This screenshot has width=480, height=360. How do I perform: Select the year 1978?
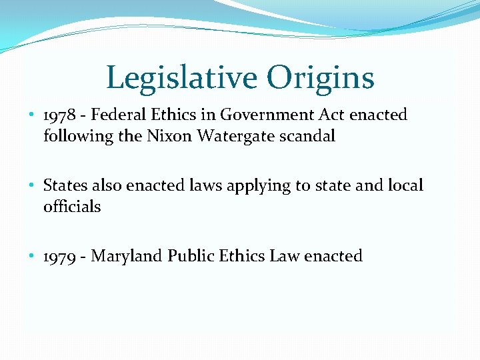(x=60, y=115)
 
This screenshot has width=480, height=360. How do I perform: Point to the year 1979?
(x=60, y=257)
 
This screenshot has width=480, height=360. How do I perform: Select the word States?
(x=64, y=185)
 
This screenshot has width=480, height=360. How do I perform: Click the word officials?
(x=72, y=207)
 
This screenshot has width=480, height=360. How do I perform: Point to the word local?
(x=405, y=185)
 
